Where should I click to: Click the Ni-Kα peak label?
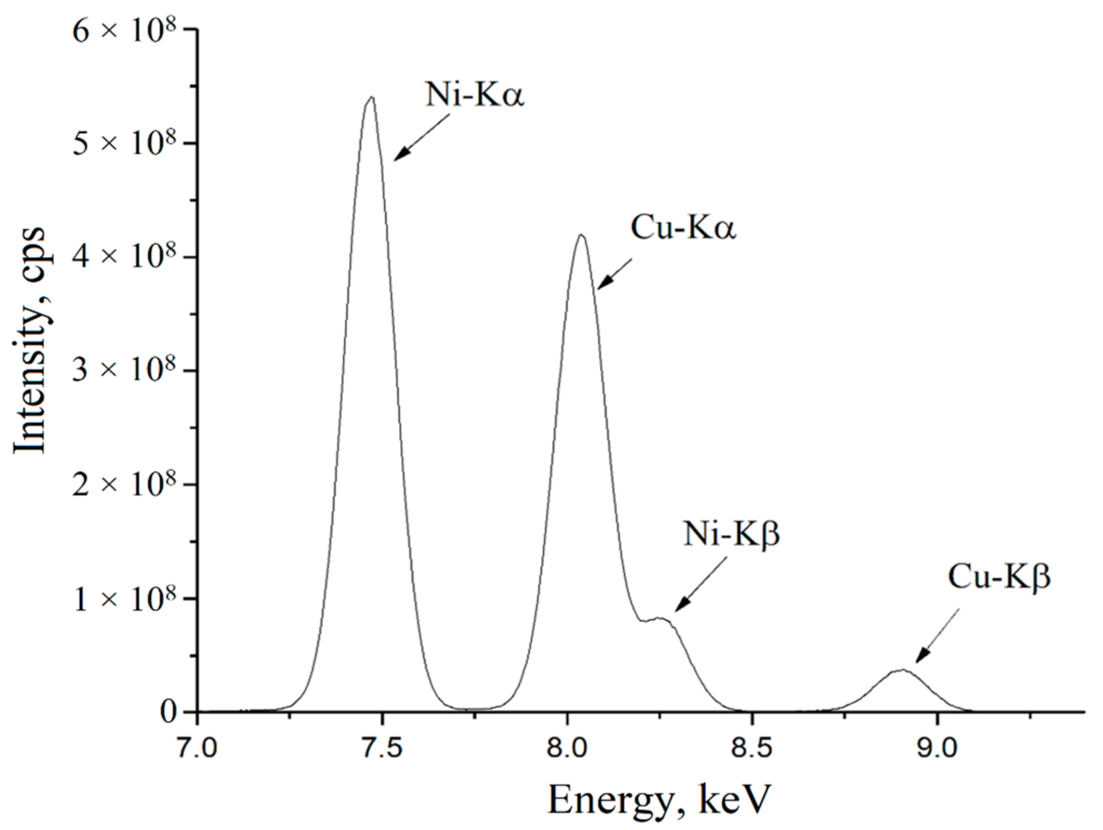pyautogui.click(x=475, y=95)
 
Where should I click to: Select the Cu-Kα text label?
pyautogui.click(x=683, y=228)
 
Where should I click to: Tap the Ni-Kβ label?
pyautogui.click(x=731, y=535)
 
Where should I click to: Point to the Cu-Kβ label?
pyautogui.click(x=998, y=578)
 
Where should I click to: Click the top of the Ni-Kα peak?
pyautogui.click(x=371, y=98)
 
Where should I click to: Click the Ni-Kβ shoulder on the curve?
pyautogui.click(x=659, y=619)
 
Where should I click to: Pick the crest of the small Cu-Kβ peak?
pyautogui.click(x=902, y=670)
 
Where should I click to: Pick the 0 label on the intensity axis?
pyautogui.click(x=169, y=712)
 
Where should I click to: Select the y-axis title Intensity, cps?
pyautogui.click(x=31, y=340)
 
